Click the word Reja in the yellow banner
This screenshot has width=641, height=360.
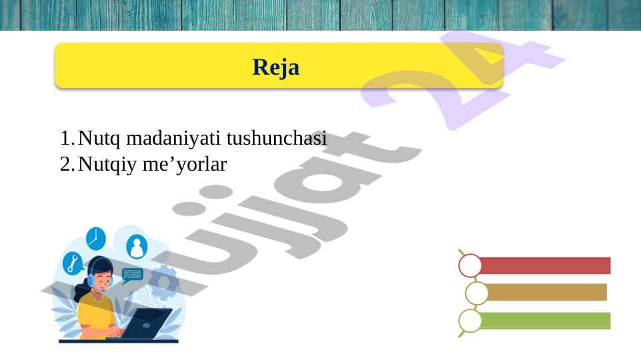[x=276, y=67]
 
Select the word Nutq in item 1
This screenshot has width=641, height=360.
[x=99, y=138]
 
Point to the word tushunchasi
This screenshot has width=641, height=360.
[x=277, y=137]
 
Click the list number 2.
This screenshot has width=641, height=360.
[x=67, y=164]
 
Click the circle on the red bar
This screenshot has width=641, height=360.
[x=470, y=265]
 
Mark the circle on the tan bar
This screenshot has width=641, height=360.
[x=477, y=293]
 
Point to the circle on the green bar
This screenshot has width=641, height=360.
[x=470, y=321]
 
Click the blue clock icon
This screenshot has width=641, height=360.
[x=96, y=238]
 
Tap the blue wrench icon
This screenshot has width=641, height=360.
[x=73, y=263]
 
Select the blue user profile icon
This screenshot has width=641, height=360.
[x=137, y=247]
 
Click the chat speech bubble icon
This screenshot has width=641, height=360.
[x=132, y=275]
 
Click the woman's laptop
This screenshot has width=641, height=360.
[x=146, y=323]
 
